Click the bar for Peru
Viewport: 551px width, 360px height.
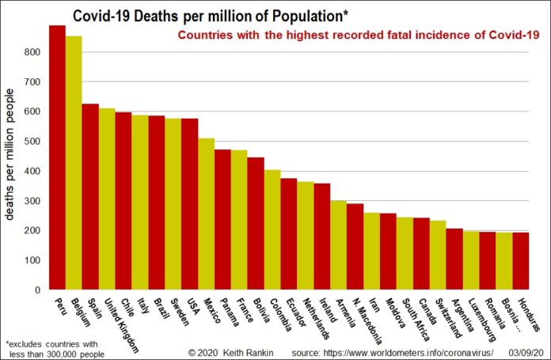[x=57, y=158]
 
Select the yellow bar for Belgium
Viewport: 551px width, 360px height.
[x=74, y=163]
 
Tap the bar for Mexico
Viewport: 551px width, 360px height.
[x=206, y=214]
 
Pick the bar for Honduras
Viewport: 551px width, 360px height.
[x=520, y=261]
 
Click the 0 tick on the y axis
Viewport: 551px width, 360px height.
[x=38, y=290]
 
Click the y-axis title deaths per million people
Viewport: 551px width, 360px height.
[x=13, y=158]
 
